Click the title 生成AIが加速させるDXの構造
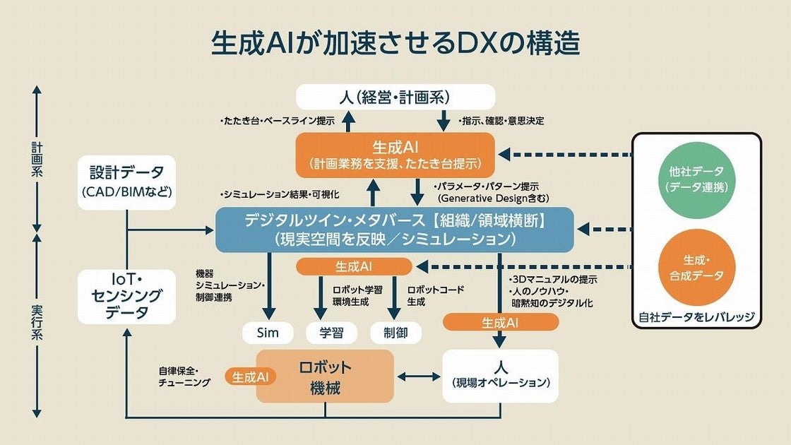click(x=395, y=44)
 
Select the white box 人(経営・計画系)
click(x=395, y=96)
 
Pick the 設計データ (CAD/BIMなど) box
click(x=126, y=182)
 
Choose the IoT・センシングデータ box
click(x=126, y=296)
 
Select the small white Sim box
click(x=268, y=333)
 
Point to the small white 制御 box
click(x=395, y=333)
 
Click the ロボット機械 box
click(x=325, y=376)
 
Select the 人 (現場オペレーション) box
click(x=500, y=376)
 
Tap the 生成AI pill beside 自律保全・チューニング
click(x=250, y=376)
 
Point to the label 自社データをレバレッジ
click(x=696, y=316)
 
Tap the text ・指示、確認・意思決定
click(x=501, y=121)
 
